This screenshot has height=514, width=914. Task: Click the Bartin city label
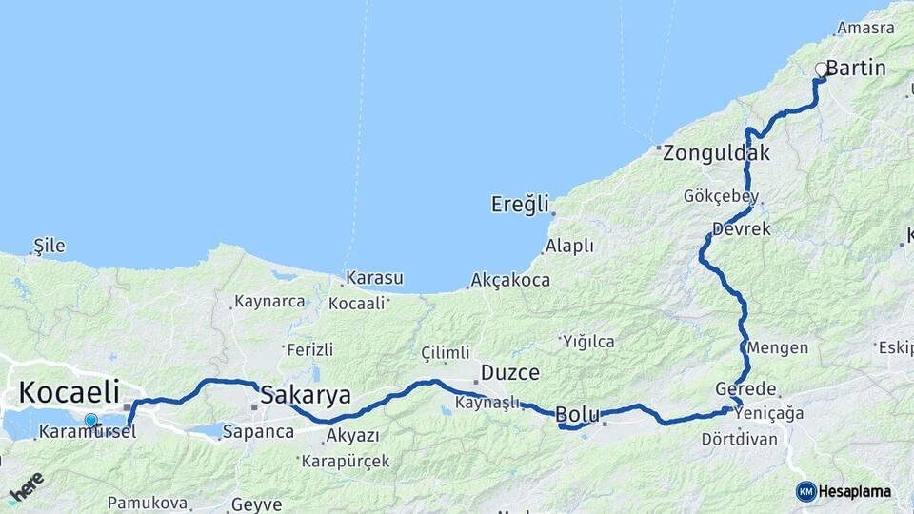856,69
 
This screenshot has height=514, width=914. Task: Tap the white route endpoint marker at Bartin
821,69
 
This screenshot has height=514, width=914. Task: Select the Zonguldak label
717,152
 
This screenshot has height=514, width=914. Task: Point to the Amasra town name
865,29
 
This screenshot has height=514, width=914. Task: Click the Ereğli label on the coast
521,204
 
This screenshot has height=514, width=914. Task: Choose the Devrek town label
742,229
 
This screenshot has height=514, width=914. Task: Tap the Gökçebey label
721,196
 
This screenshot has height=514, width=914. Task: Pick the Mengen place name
778,347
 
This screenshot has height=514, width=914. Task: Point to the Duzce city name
510,372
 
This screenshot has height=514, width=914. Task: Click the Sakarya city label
306,395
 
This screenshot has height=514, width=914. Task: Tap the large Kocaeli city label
70,391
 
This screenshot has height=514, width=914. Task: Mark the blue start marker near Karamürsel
90,420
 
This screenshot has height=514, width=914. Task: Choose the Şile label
50,247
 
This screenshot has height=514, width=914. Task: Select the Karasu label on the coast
374,278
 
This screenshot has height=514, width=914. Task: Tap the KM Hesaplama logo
844,491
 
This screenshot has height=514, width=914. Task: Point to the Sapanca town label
258,431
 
